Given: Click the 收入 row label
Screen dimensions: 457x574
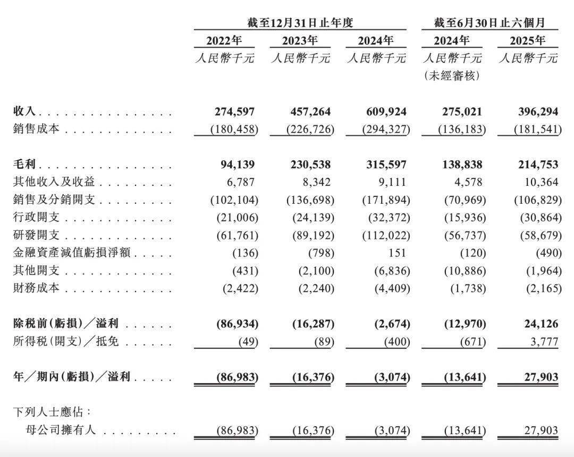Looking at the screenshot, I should click(x=24, y=111).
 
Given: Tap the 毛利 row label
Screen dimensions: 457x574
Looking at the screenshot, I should click(x=24, y=165).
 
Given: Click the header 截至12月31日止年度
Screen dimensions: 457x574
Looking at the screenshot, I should click(x=300, y=22).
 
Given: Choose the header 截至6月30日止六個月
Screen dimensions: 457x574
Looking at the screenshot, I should click(x=489, y=22).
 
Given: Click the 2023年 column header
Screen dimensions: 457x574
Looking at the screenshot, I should click(x=300, y=40).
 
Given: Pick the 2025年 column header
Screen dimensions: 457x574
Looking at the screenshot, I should click(x=527, y=40).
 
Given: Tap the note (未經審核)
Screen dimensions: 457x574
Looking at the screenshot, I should click(x=452, y=76).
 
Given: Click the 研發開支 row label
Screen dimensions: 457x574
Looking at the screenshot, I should click(x=36, y=235).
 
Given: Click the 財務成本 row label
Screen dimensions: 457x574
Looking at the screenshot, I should click(x=36, y=288).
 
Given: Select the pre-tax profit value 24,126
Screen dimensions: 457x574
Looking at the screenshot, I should click(x=538, y=323).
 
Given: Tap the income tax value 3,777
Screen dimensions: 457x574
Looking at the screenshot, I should click(x=542, y=341).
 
